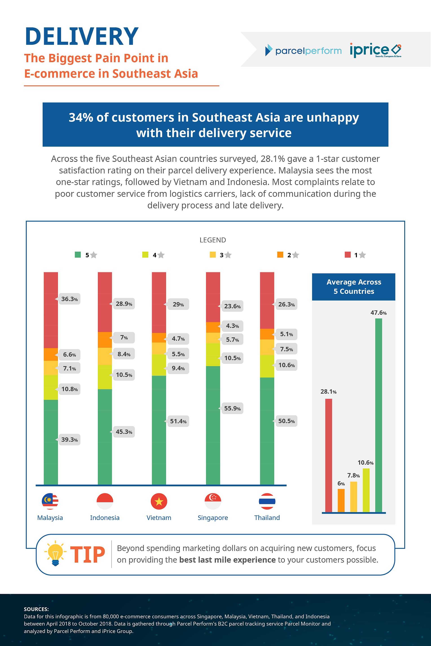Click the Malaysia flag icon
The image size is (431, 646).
pyautogui.click(x=50, y=501)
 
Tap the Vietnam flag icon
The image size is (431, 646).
pyautogui.click(x=159, y=501)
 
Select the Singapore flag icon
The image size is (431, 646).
pyautogui.click(x=213, y=501)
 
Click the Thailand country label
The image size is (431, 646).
pyautogui.click(x=267, y=518)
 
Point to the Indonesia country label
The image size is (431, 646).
pyautogui.click(x=105, y=518)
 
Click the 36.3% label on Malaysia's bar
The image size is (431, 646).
pyautogui.click(x=69, y=299)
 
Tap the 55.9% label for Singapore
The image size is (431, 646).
pyautogui.click(x=232, y=408)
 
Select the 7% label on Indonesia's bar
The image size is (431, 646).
pyautogui.click(x=124, y=338)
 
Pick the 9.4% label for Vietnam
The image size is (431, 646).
pyautogui.click(x=178, y=368)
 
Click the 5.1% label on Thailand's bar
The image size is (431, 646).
pyautogui.click(x=286, y=334)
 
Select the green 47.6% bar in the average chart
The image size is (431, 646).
pyautogui.click(x=378, y=415)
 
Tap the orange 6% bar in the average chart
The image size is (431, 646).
pyautogui.click(x=341, y=500)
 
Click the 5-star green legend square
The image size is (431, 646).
pyautogui.click(x=78, y=255)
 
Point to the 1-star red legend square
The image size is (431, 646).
pyautogui.click(x=347, y=255)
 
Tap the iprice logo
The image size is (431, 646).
pyautogui.click(x=375, y=50)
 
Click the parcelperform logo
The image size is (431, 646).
pyautogui.click(x=303, y=50)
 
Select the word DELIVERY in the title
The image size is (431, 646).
pyautogui.click(x=82, y=36)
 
